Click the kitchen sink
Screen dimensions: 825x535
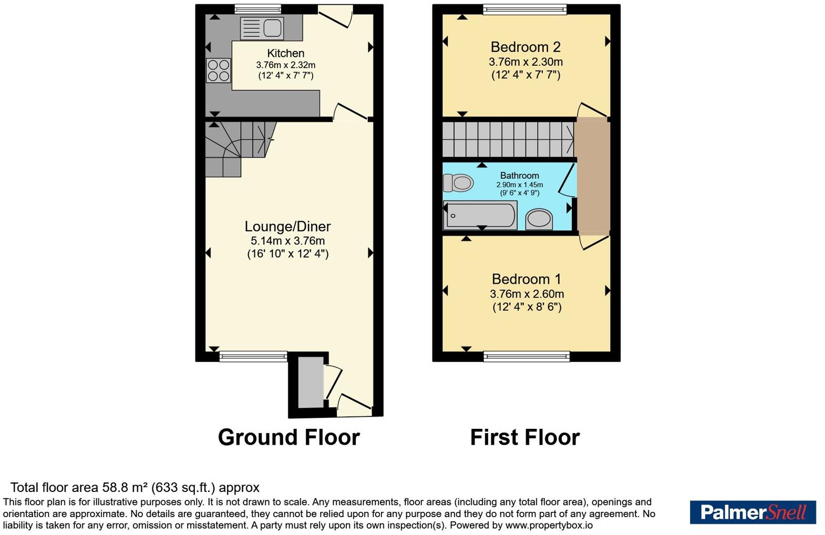click(262, 28)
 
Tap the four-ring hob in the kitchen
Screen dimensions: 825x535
click(219, 70)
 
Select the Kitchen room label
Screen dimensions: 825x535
click(285, 54)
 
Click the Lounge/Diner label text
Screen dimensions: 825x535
click(287, 226)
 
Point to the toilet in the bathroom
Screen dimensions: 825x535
click(458, 183)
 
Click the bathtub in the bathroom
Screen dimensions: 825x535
click(480, 215)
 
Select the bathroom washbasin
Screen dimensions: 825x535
click(539, 219)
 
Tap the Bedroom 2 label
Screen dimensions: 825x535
click(525, 47)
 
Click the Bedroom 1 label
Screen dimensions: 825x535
click(527, 279)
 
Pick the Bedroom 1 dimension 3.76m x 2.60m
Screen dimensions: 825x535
click(527, 294)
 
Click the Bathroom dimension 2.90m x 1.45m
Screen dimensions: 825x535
click(519, 184)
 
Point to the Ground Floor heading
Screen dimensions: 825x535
click(289, 437)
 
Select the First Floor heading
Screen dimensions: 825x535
click(525, 437)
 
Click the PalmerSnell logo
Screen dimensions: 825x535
click(753, 512)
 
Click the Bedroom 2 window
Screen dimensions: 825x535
click(525, 9)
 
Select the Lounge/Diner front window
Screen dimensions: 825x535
click(253, 356)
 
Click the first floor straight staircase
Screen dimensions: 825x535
click(508, 140)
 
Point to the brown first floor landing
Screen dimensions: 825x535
click(593, 176)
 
